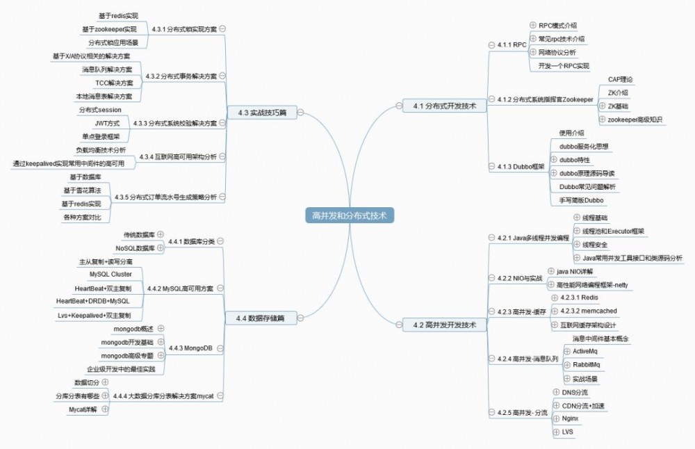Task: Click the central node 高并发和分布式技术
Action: (350, 215)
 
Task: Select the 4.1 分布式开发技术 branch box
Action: (445, 106)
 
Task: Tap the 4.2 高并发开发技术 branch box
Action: (445, 325)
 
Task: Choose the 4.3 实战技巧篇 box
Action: (262, 113)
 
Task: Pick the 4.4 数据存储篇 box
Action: (261, 318)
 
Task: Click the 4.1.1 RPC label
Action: (512, 44)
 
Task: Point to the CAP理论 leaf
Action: (621, 79)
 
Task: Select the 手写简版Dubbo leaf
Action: (581, 200)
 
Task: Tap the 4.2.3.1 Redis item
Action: (579, 297)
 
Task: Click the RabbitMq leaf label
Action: (586, 364)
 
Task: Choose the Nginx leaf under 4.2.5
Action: (570, 418)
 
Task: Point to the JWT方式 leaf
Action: (107, 123)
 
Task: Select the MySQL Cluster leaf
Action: (111, 275)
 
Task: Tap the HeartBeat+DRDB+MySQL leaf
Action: (92, 301)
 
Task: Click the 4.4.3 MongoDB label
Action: (190, 348)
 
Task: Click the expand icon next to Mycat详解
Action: (105, 409)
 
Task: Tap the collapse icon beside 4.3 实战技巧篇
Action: (300, 113)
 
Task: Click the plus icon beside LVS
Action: (556, 432)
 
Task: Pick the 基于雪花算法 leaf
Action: (82, 190)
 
